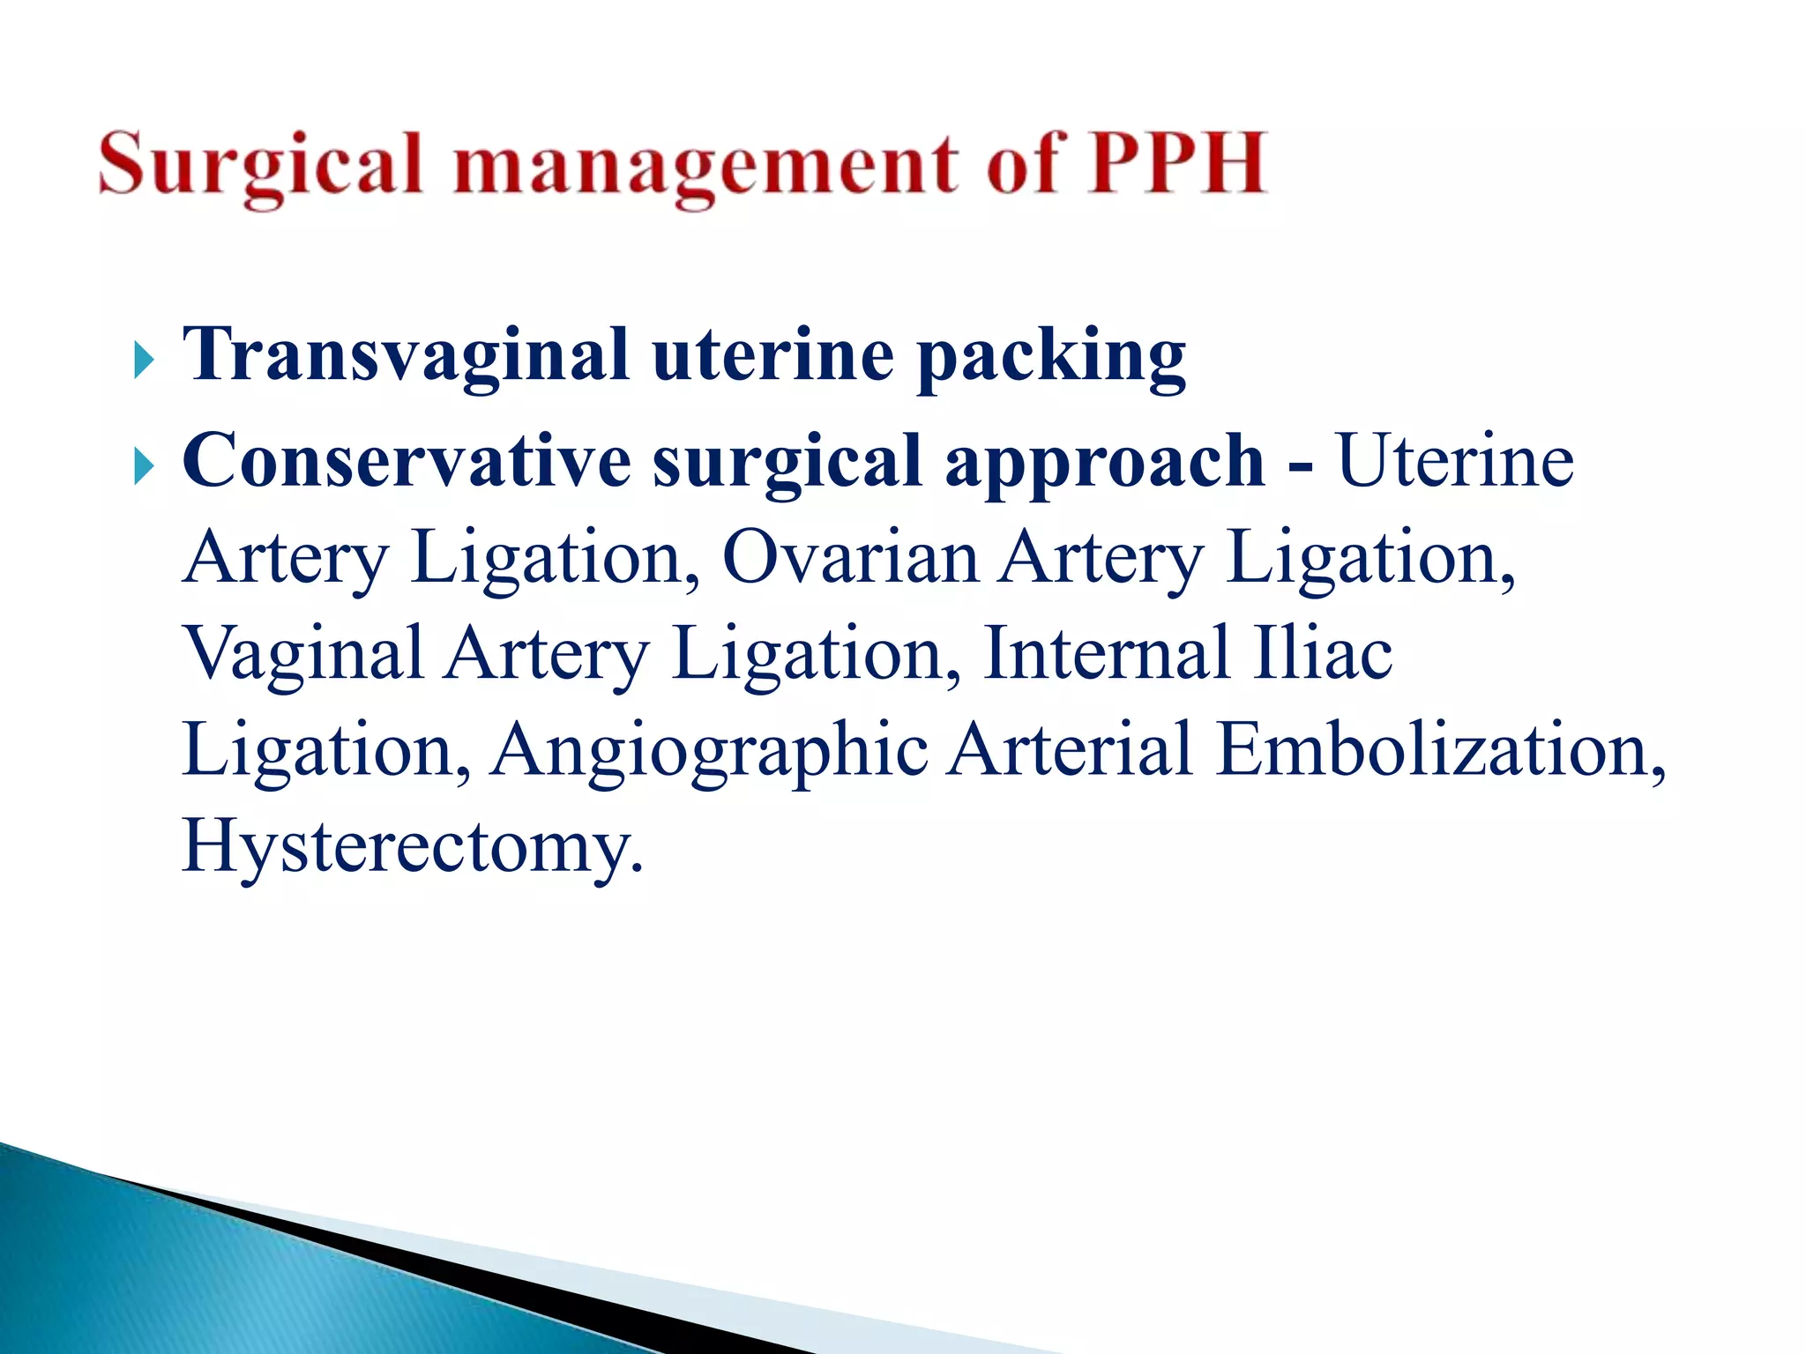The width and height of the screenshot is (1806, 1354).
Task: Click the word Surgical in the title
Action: click(x=260, y=166)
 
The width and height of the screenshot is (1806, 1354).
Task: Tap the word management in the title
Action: click(x=705, y=166)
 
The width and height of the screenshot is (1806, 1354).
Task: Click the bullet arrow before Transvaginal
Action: click(x=144, y=361)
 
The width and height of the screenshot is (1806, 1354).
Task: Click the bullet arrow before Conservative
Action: click(x=144, y=466)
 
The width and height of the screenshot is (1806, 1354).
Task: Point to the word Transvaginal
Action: click(x=406, y=355)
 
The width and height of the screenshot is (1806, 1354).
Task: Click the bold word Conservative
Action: click(x=406, y=461)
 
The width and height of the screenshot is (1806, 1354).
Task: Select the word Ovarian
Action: click(x=850, y=558)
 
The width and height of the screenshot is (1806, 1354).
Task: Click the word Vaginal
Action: click(x=303, y=654)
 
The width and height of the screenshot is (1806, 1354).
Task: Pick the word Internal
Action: click(x=1106, y=653)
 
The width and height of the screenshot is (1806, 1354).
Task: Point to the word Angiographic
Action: click(x=709, y=751)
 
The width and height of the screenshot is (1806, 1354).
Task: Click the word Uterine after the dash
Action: click(x=1455, y=461)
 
